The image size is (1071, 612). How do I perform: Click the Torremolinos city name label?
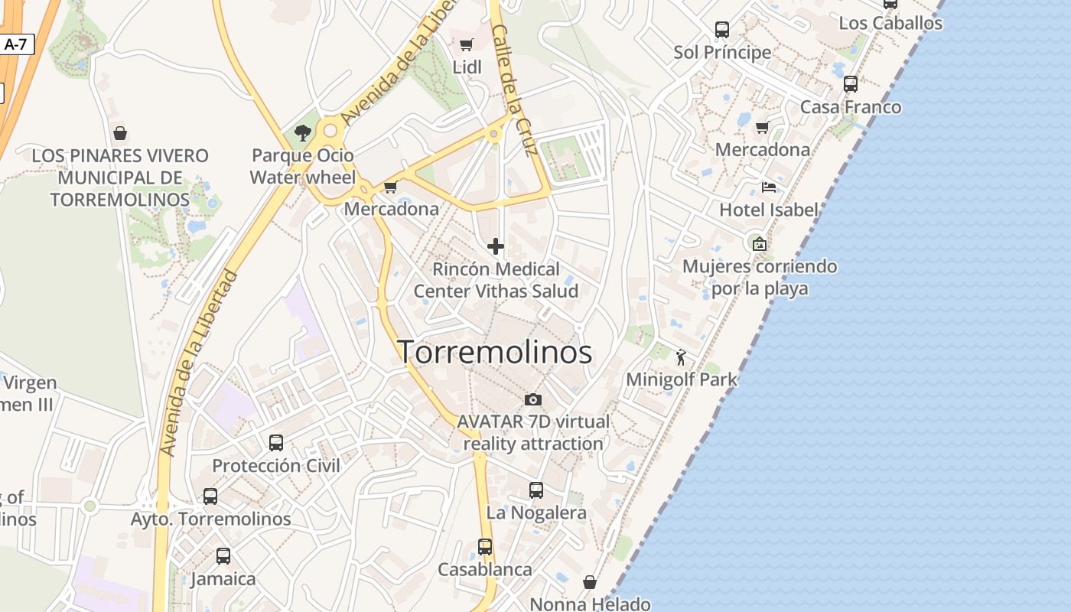point(495,352)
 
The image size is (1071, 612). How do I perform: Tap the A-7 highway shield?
point(15,44)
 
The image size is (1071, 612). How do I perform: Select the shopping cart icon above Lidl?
point(467,44)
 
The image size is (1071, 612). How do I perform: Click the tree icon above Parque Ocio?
point(303,132)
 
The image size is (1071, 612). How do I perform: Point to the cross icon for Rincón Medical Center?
point(496,246)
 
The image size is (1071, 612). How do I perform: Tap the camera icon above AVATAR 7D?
point(533,399)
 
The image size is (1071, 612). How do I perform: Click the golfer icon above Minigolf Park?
point(681,356)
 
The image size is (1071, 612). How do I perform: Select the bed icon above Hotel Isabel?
point(769,187)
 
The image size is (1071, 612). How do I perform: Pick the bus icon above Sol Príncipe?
point(722,30)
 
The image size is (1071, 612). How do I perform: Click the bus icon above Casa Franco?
point(851,84)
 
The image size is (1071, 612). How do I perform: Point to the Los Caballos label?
point(890,23)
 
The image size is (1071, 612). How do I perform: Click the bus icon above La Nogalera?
point(536,490)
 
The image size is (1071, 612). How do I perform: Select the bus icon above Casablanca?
point(485,547)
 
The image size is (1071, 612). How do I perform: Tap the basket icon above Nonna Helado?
point(590,582)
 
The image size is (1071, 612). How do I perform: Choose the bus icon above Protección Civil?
point(276,443)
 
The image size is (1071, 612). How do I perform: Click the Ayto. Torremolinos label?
point(211,519)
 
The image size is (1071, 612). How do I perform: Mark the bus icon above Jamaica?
point(223,556)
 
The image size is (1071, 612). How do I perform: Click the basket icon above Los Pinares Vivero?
point(120,133)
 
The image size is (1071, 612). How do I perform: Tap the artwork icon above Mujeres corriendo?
point(760,244)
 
